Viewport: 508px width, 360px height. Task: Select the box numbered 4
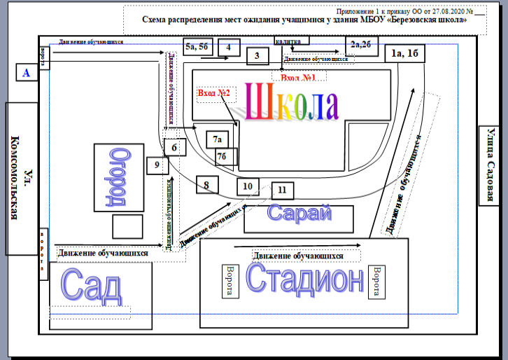tap(228, 48)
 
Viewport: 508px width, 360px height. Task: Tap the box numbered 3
tap(257, 56)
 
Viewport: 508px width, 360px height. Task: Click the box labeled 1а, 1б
tap(406, 54)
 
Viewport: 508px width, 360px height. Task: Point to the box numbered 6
tap(174, 147)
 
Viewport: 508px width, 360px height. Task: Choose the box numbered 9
tap(157, 165)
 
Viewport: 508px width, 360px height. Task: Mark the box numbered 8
tap(206, 185)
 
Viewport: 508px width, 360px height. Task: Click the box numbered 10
tap(247, 186)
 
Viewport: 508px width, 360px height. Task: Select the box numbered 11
tap(281, 190)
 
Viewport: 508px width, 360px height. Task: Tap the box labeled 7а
tap(218, 139)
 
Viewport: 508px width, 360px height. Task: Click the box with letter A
tap(27, 72)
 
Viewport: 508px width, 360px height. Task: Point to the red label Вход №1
tap(299, 76)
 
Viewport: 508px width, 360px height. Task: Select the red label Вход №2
tap(213, 92)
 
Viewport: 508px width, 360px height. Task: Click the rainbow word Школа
tap(290, 102)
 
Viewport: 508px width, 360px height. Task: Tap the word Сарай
tap(300, 214)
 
